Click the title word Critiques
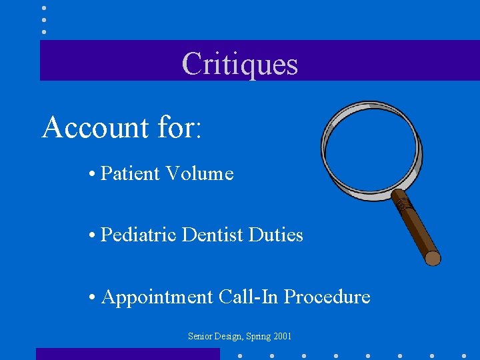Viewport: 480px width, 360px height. pos(239,64)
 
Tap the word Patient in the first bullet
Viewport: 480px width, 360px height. pos(130,174)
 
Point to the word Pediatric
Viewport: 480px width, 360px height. pos(138,235)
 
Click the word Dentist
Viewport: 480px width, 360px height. pos(213,235)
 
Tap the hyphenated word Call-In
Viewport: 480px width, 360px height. pos(249,297)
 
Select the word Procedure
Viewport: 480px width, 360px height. pos(327,297)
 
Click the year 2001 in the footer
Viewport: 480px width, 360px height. pos(282,337)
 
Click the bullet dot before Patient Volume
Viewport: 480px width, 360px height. pos(90,175)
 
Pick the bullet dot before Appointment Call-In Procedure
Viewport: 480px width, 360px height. pos(90,297)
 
